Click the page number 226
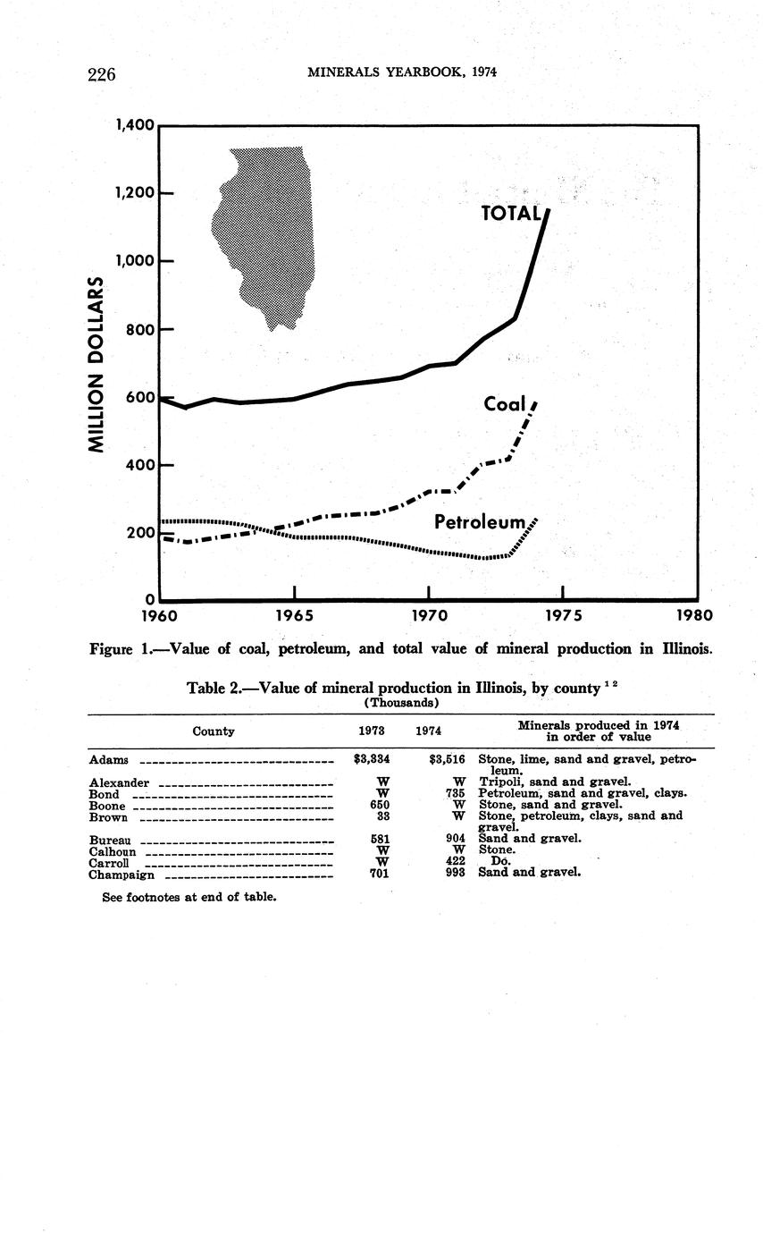pos(103,74)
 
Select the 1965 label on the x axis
pos(294,615)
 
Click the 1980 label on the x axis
pos(695,615)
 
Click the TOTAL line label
pos(511,213)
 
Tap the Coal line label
pos(505,405)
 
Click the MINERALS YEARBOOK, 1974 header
pos(401,72)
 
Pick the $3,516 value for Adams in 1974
pos(447,761)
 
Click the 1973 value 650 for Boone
pos(380,805)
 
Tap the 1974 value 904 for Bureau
pos(456,839)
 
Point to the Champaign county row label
pos(122,875)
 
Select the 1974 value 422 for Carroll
pos(456,862)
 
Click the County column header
pos(214,731)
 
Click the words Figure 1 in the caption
pos(122,648)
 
